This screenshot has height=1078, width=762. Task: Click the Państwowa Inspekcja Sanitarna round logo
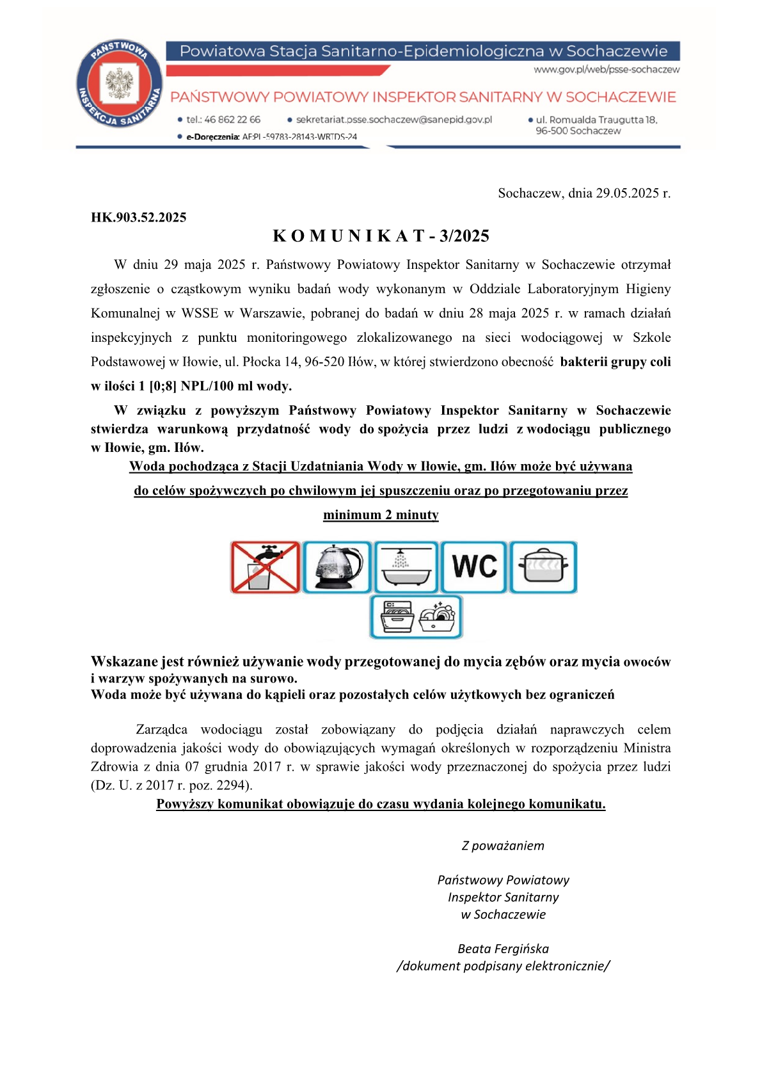[x=120, y=84]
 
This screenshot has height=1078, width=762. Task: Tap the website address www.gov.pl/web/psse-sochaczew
[x=607, y=69]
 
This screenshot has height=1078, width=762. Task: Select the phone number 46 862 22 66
[x=232, y=120]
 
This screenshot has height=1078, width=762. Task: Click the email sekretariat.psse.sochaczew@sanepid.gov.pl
[x=393, y=120]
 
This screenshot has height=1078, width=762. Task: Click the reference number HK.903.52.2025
[x=139, y=218]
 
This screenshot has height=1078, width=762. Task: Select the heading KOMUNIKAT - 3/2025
[x=381, y=236]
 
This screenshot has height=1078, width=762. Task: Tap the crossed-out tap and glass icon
[x=266, y=567]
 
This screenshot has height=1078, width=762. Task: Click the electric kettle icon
[x=337, y=567]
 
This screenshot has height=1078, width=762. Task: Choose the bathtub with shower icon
[x=406, y=567]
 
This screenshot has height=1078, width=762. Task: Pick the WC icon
[x=474, y=567]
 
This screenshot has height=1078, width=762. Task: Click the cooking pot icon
[x=543, y=567]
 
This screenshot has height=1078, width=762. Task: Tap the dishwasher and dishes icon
[x=416, y=617]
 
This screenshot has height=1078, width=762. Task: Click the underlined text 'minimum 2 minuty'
[x=381, y=515]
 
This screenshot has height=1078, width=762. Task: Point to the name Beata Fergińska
[x=503, y=949]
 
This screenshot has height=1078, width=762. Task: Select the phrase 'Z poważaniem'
[x=503, y=846]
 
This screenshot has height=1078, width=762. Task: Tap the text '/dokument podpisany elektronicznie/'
[x=503, y=966]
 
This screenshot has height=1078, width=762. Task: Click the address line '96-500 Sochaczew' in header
[x=578, y=131]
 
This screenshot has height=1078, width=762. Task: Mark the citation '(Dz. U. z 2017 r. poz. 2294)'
[x=171, y=785]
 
